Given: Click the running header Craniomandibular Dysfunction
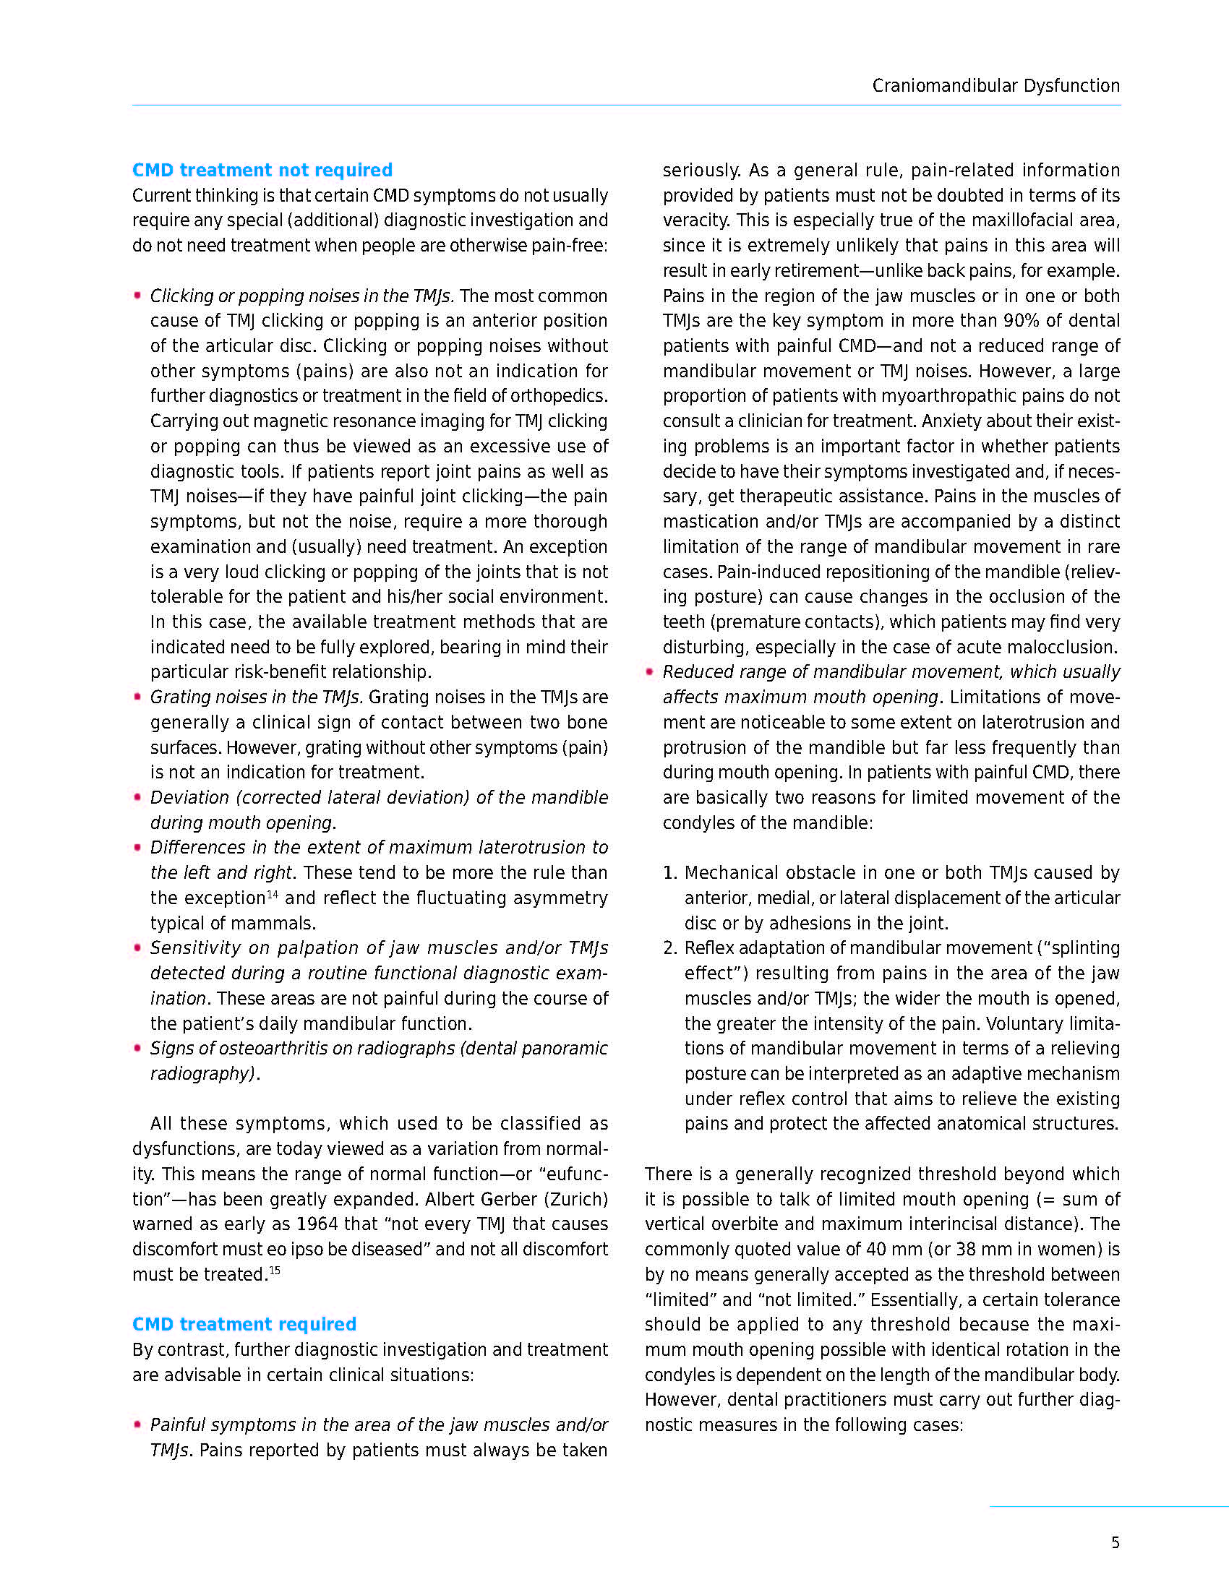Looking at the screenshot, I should pos(995,86).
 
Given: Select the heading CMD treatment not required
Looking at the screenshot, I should pos(262,171).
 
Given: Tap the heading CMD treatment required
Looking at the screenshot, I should pos(244,1324).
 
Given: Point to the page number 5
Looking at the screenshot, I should pos(1115,1543).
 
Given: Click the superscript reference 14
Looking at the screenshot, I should pos(273,893).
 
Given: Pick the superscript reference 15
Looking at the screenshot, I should pos(275,1271).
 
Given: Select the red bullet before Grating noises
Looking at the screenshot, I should pos(137,697).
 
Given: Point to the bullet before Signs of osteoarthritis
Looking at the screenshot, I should pos(137,1049).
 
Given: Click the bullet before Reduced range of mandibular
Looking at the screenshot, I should pos(649,671).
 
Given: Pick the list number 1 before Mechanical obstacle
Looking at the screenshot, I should pos(669,873).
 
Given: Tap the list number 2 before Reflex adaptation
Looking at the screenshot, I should pos(669,948).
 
